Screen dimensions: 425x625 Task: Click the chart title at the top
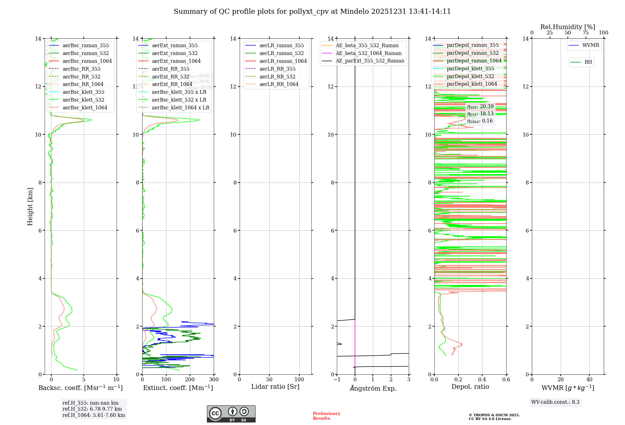[x=312, y=12]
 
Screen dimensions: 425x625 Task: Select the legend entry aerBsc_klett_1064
[x=85, y=107]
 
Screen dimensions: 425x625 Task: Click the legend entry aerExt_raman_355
[x=175, y=46]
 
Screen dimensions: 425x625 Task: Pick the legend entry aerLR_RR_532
[x=277, y=77]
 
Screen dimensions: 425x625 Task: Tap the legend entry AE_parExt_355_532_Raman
[x=370, y=61]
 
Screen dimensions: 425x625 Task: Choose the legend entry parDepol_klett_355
[x=470, y=69]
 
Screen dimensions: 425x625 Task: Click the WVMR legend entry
[x=591, y=45]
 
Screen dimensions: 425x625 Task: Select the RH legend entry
[x=588, y=62]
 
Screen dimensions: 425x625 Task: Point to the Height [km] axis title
[x=30, y=207]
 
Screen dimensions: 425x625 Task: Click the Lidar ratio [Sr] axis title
[x=275, y=387]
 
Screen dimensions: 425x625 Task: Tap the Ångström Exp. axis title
[x=373, y=388]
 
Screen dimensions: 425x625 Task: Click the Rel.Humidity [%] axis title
[x=567, y=27]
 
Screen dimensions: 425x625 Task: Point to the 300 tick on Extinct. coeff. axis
[x=214, y=380]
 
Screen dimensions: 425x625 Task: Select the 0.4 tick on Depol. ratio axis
[x=482, y=380]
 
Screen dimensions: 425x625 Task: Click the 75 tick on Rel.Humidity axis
[x=586, y=33]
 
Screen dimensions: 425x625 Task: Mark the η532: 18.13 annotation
[x=480, y=114]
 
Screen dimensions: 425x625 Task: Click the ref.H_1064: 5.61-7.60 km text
[x=94, y=415]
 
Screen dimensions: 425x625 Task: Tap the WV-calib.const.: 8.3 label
[x=555, y=402]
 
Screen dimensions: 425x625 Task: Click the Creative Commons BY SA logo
[x=231, y=414]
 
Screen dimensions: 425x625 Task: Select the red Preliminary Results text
[x=326, y=416]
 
